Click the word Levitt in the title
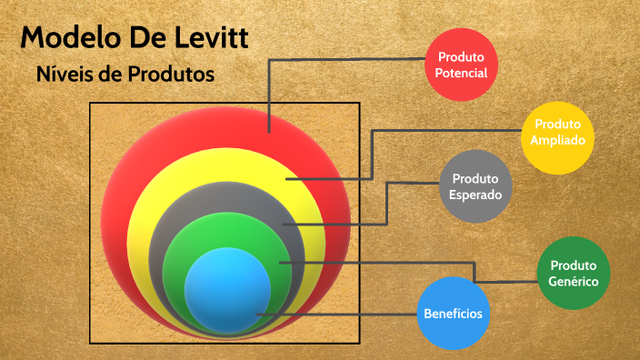[x=211, y=38]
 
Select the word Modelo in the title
[x=67, y=38]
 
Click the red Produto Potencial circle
[x=461, y=64]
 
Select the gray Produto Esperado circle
[x=475, y=185]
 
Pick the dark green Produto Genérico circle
[x=573, y=274]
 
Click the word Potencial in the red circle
[x=461, y=73]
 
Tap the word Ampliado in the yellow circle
[x=558, y=141]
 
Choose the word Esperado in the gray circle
[x=475, y=194]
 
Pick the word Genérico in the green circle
[x=573, y=282]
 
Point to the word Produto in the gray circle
[x=475, y=178]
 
